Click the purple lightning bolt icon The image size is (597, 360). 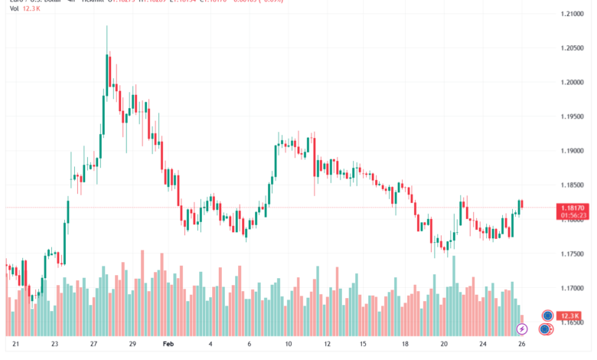(522, 329)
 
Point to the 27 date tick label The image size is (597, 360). (93, 345)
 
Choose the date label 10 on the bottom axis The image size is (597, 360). (289, 345)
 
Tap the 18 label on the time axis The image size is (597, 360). (405, 345)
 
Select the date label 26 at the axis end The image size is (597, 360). (521, 345)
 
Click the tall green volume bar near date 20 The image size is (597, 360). (454, 295)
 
